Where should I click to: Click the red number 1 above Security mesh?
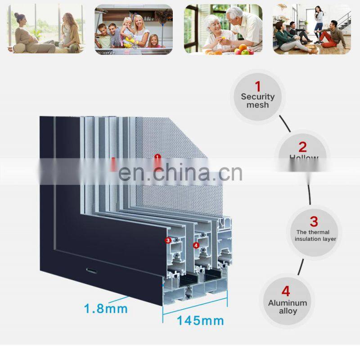[x=258, y=86]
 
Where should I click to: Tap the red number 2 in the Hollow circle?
[x=302, y=147]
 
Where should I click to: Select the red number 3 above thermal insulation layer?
[x=314, y=221]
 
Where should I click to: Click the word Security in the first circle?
[x=257, y=96]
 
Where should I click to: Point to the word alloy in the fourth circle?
[x=287, y=311]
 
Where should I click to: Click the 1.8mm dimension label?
[x=106, y=309]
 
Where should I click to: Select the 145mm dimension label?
[x=200, y=320]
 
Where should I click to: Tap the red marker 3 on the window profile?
[x=168, y=240]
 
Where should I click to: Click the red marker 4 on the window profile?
[x=196, y=245]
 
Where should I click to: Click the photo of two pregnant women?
[x=45, y=29]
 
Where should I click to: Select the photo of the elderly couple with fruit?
[x=223, y=29]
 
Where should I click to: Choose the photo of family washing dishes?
[x=133, y=29]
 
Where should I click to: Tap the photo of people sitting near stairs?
[x=311, y=29]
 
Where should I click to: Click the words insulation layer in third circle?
[x=315, y=239]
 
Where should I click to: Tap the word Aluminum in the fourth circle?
[x=287, y=303]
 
